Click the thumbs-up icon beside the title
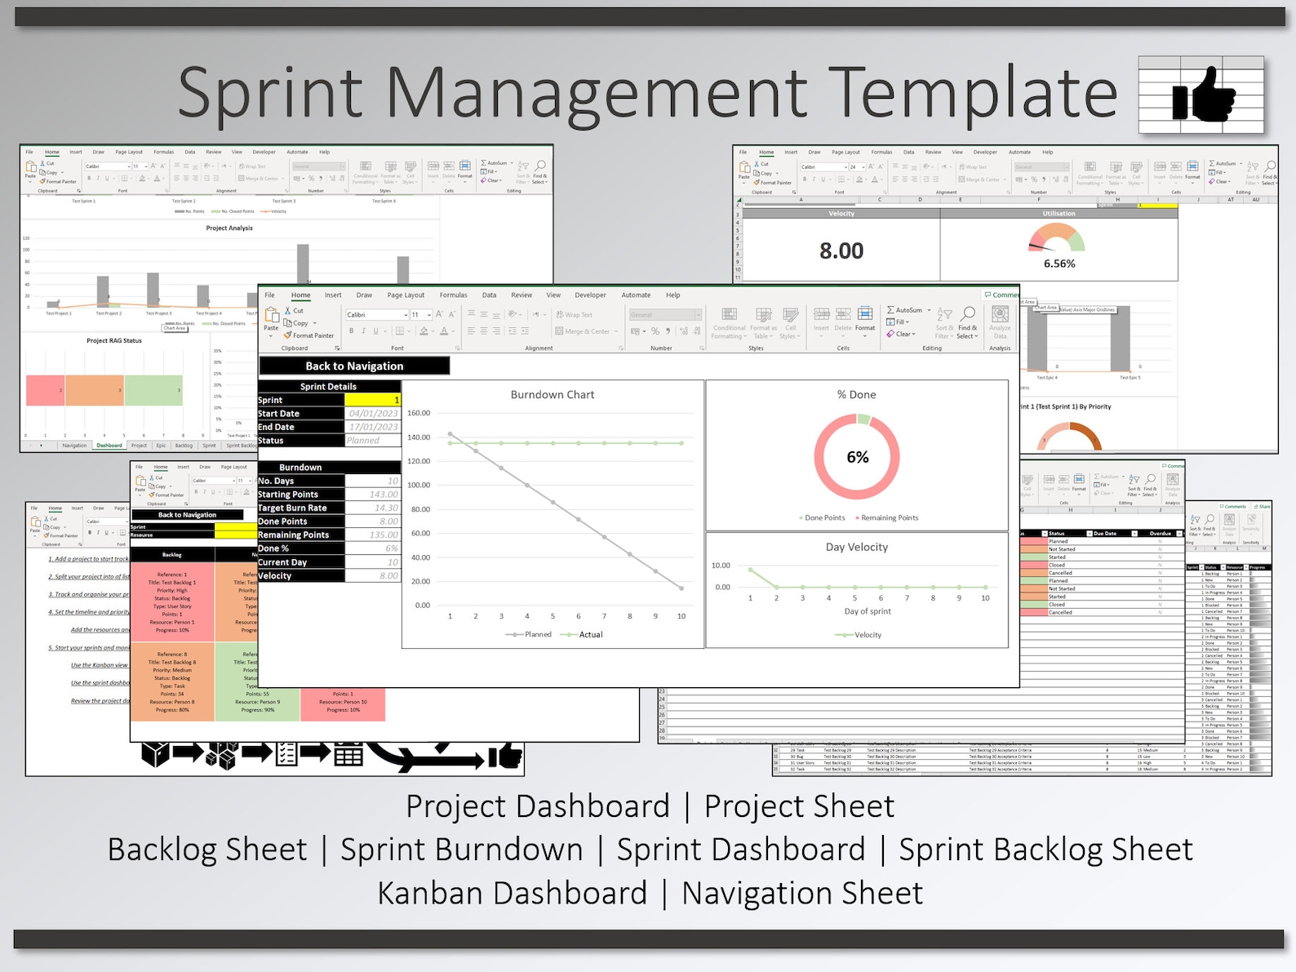(1203, 95)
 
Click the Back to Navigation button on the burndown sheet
(354, 366)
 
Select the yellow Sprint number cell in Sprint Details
(372, 400)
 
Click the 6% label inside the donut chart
(857, 458)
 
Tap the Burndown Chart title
(553, 395)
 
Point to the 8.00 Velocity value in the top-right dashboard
(841, 251)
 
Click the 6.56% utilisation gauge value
(1059, 264)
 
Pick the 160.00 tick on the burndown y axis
(419, 413)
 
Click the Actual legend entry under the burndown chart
(590, 635)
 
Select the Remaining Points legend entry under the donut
(889, 518)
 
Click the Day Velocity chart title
(857, 548)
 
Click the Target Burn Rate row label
(292, 508)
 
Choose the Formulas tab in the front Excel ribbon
(453, 295)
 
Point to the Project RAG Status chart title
(114, 341)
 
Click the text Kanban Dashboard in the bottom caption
(512, 893)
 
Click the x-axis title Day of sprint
(868, 611)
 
